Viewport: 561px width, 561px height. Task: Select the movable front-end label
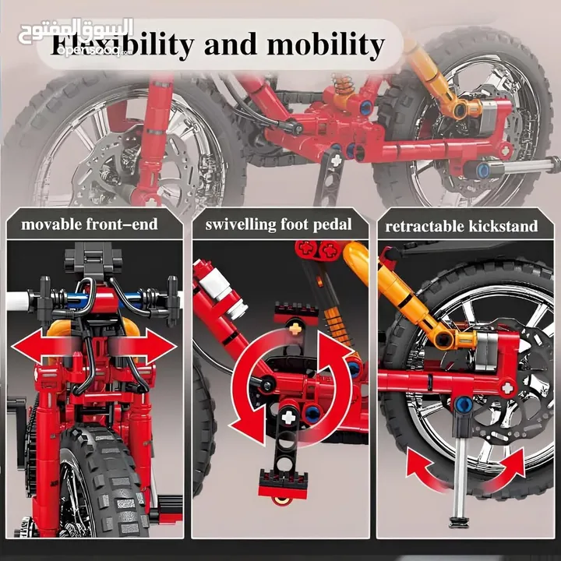coord(89,225)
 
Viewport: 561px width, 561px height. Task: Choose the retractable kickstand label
coord(461,227)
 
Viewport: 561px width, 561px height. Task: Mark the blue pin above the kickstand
coord(462,404)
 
